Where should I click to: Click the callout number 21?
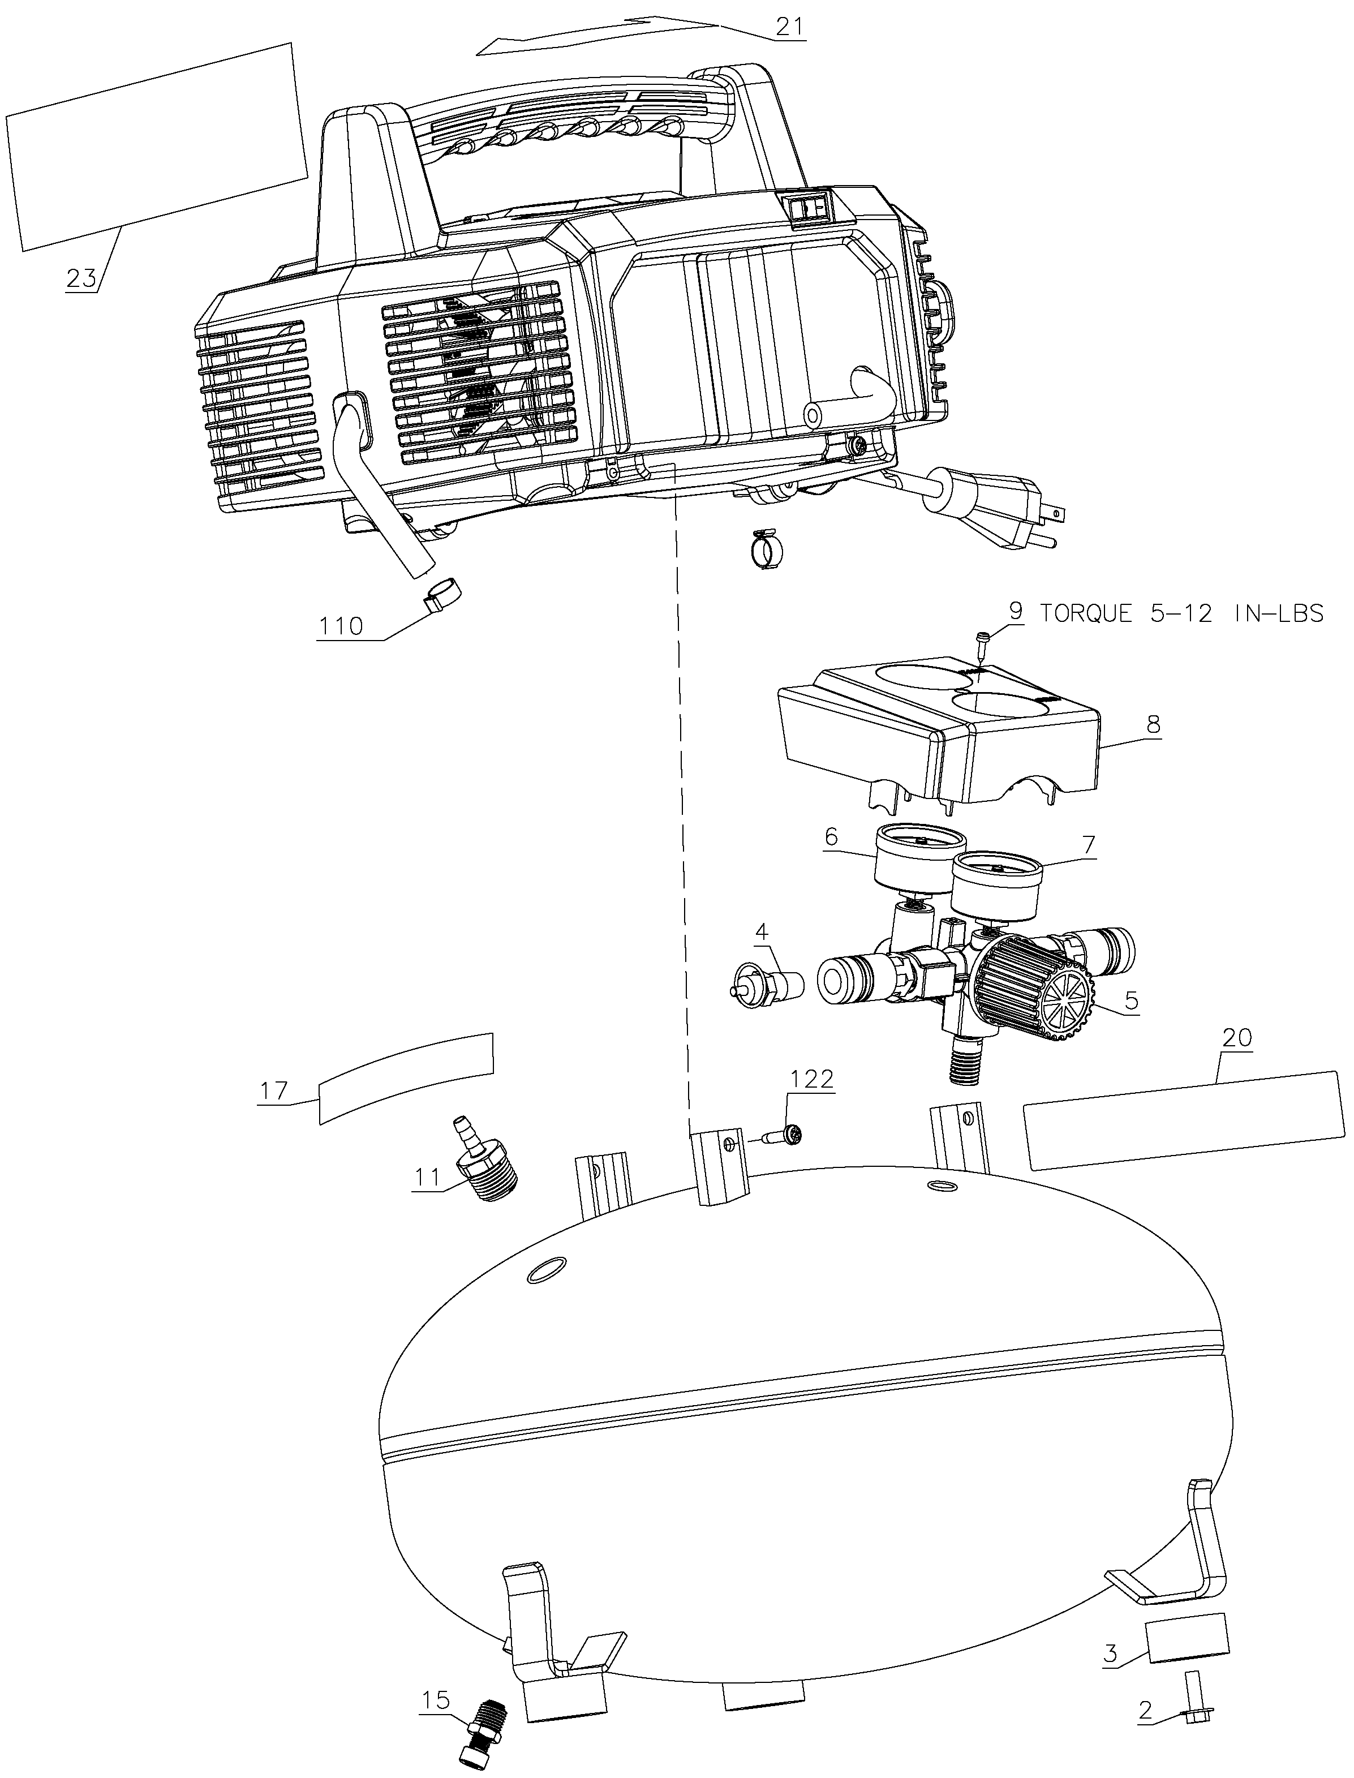[x=789, y=26]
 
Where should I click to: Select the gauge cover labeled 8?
[x=939, y=737]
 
